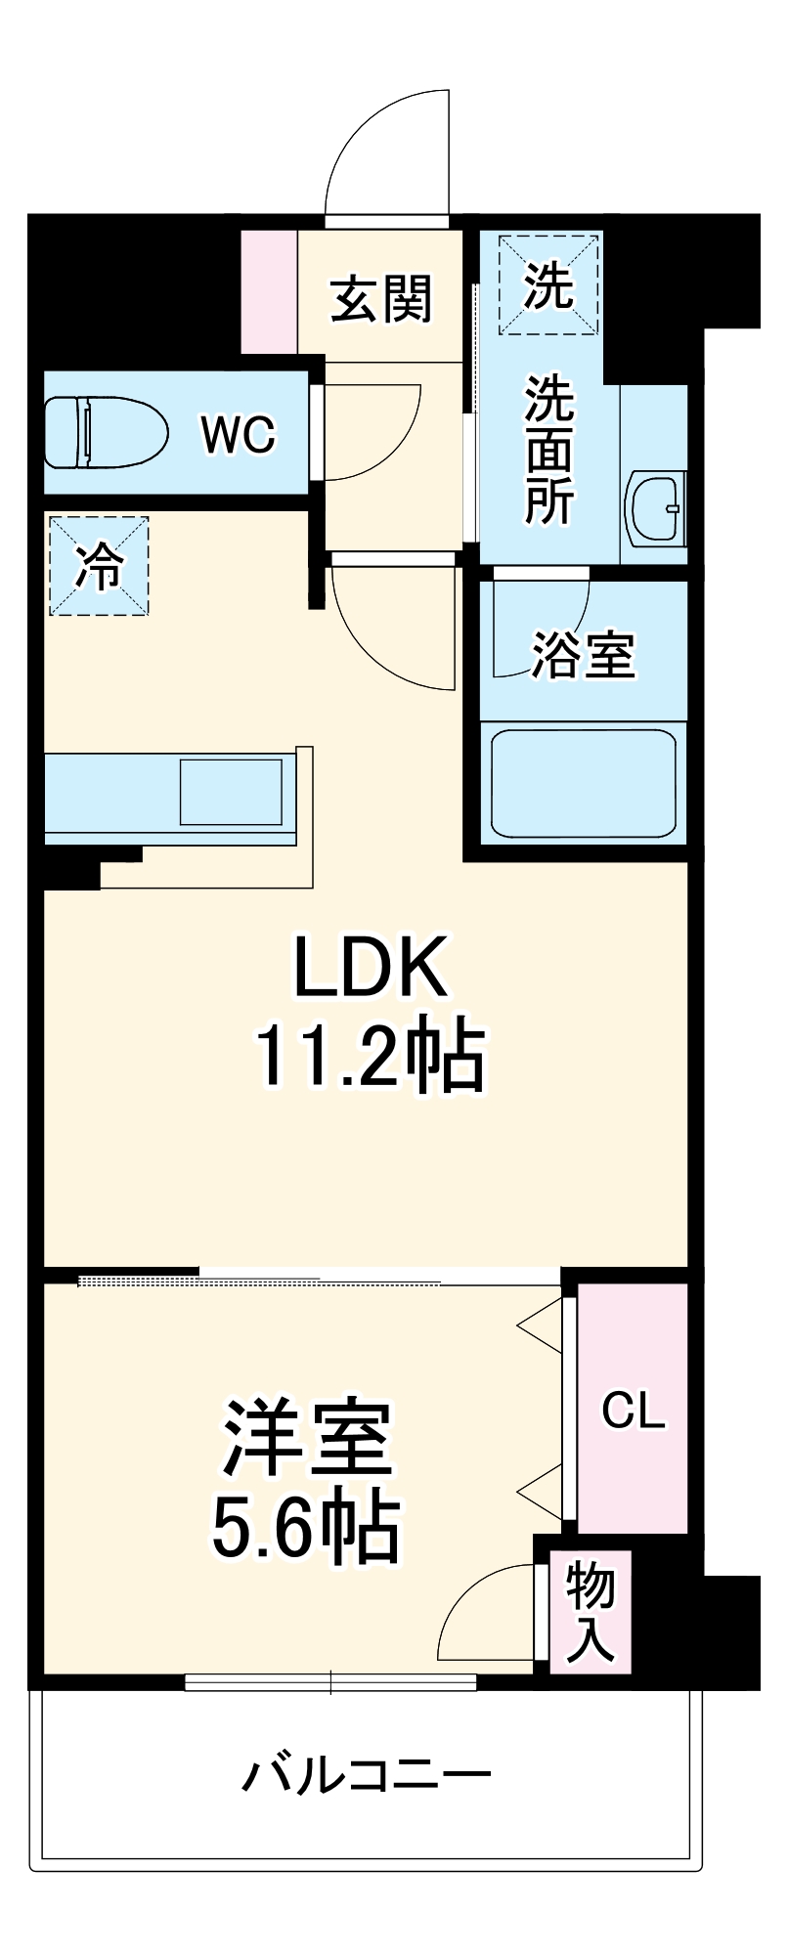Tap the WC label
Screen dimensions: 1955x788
239,435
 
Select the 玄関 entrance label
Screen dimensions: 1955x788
381,298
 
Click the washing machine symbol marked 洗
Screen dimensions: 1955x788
547,284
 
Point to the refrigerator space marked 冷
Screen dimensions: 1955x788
100,566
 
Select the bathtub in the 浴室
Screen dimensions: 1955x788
583,782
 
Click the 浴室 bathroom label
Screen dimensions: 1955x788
584,654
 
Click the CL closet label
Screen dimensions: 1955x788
633,1411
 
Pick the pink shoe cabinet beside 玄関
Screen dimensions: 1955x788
269,292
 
